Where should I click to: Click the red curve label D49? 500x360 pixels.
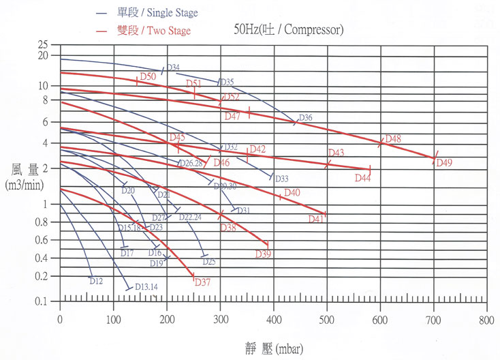444,162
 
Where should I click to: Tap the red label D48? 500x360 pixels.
393,139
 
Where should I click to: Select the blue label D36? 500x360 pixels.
304,118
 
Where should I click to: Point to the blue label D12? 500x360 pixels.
96,281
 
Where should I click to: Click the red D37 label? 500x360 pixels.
202,282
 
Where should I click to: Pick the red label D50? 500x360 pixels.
148,76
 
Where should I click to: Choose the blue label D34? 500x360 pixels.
173,67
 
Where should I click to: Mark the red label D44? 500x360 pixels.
362,178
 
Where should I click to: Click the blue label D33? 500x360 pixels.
281,179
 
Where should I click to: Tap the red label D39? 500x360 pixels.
264,254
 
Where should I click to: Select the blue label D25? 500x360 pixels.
208,262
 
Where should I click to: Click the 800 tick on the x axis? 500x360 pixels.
486,319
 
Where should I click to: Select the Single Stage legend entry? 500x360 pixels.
156,14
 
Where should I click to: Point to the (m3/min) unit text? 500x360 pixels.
25,185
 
